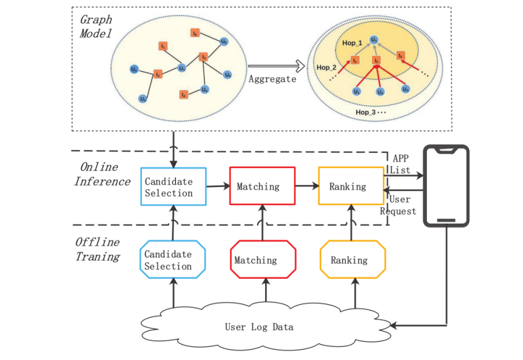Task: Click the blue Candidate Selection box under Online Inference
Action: pyautogui.click(x=169, y=187)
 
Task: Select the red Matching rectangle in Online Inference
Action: pyautogui.click(x=258, y=187)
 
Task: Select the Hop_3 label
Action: pyautogui.click(x=367, y=112)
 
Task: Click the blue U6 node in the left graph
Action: pyautogui.click(x=224, y=41)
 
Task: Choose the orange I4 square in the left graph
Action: pyautogui.click(x=183, y=95)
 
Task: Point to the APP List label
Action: pyautogui.click(x=402, y=164)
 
